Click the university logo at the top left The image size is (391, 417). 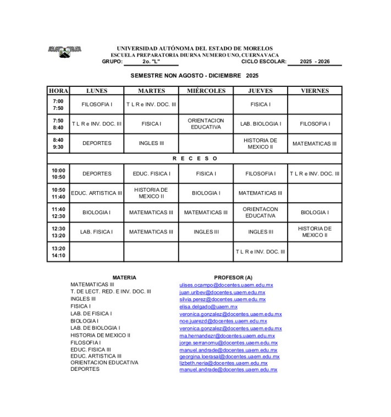pos(65,51)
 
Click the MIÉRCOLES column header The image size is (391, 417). pos(206,91)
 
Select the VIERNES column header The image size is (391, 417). pos(315,91)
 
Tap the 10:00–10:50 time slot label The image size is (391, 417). pos(58,174)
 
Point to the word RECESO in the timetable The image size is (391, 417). pos(195,158)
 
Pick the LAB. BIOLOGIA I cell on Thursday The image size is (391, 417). pos(261,124)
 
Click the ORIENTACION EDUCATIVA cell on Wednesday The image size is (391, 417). pos(206,124)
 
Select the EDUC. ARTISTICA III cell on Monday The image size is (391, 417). pos(97,193)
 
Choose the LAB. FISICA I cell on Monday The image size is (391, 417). pos(97,232)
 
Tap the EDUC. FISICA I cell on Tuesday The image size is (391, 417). pos(151,174)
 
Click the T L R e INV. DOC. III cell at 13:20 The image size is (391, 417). pos(261,252)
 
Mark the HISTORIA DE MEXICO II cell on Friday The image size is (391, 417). pos(315,232)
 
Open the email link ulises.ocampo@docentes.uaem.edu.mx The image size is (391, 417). pos(226,285)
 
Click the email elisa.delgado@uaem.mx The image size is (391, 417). pos(208,307)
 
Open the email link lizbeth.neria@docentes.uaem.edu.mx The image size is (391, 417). pos(223,363)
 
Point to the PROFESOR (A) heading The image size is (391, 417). pos(233,277)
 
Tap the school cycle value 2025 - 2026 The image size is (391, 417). pos(315,62)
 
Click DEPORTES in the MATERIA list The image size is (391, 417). pos(85,369)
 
